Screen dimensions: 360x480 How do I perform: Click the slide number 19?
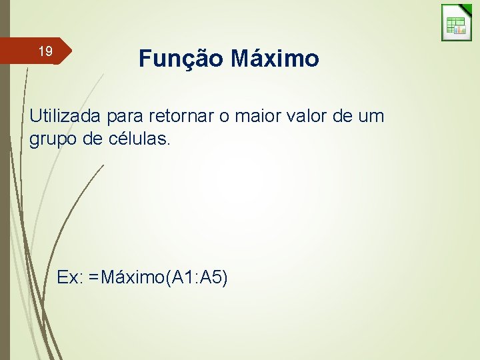click(45, 51)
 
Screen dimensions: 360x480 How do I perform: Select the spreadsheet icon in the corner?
click(456, 23)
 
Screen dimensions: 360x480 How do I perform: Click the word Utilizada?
click(63, 116)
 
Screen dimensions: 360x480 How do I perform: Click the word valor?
click(313, 116)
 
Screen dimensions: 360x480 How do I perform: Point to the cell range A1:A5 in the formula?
click(195, 277)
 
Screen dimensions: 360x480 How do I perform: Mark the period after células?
click(169, 145)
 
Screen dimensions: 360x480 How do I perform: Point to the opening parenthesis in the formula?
click(167, 277)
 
